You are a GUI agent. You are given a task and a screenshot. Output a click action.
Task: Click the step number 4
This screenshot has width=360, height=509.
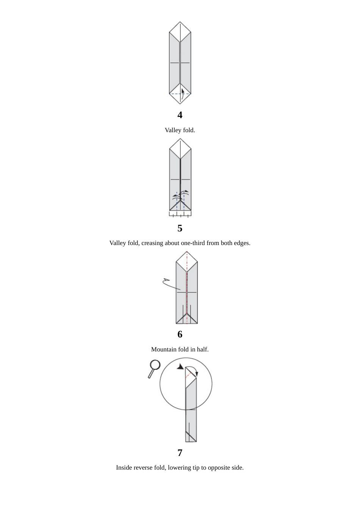(x=180, y=115)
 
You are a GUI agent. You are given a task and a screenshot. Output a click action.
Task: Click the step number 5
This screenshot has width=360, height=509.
(x=180, y=228)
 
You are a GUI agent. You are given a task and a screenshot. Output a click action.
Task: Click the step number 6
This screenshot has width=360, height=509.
(x=180, y=334)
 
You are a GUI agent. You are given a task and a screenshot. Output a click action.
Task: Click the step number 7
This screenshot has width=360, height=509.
(x=180, y=453)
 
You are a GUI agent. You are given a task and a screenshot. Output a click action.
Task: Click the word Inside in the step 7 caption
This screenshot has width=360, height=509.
(x=124, y=468)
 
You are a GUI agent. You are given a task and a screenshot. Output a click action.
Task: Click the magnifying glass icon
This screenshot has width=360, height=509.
(x=154, y=368)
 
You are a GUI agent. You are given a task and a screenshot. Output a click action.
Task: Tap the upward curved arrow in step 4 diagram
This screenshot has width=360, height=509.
(x=182, y=94)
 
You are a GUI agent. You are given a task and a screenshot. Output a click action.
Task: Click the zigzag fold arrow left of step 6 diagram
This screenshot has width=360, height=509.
(x=170, y=284)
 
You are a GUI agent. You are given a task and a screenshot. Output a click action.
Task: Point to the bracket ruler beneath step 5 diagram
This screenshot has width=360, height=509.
(x=180, y=215)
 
